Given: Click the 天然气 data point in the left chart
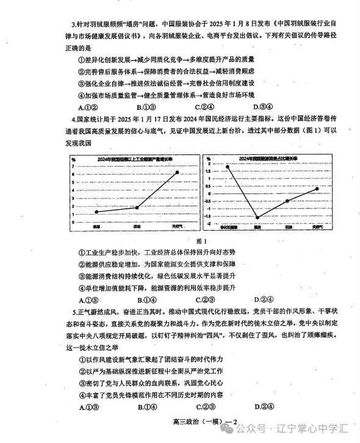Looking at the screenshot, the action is [178, 173].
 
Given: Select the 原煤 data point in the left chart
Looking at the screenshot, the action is [96, 212].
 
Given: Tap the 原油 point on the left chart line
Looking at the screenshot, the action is [137, 207].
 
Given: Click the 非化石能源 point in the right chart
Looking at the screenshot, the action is [228, 167].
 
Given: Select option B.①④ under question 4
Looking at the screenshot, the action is [148, 300].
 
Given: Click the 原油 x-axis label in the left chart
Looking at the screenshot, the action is [137, 227].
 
